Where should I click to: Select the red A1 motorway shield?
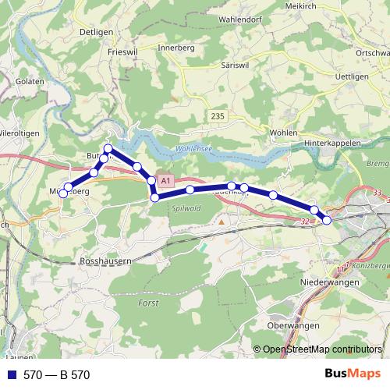point(165,180)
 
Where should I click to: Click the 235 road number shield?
point(218,116)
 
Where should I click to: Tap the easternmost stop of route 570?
point(327,221)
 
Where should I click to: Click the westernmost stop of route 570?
point(62,194)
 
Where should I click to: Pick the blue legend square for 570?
point(12,375)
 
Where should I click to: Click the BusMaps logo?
point(353,374)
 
